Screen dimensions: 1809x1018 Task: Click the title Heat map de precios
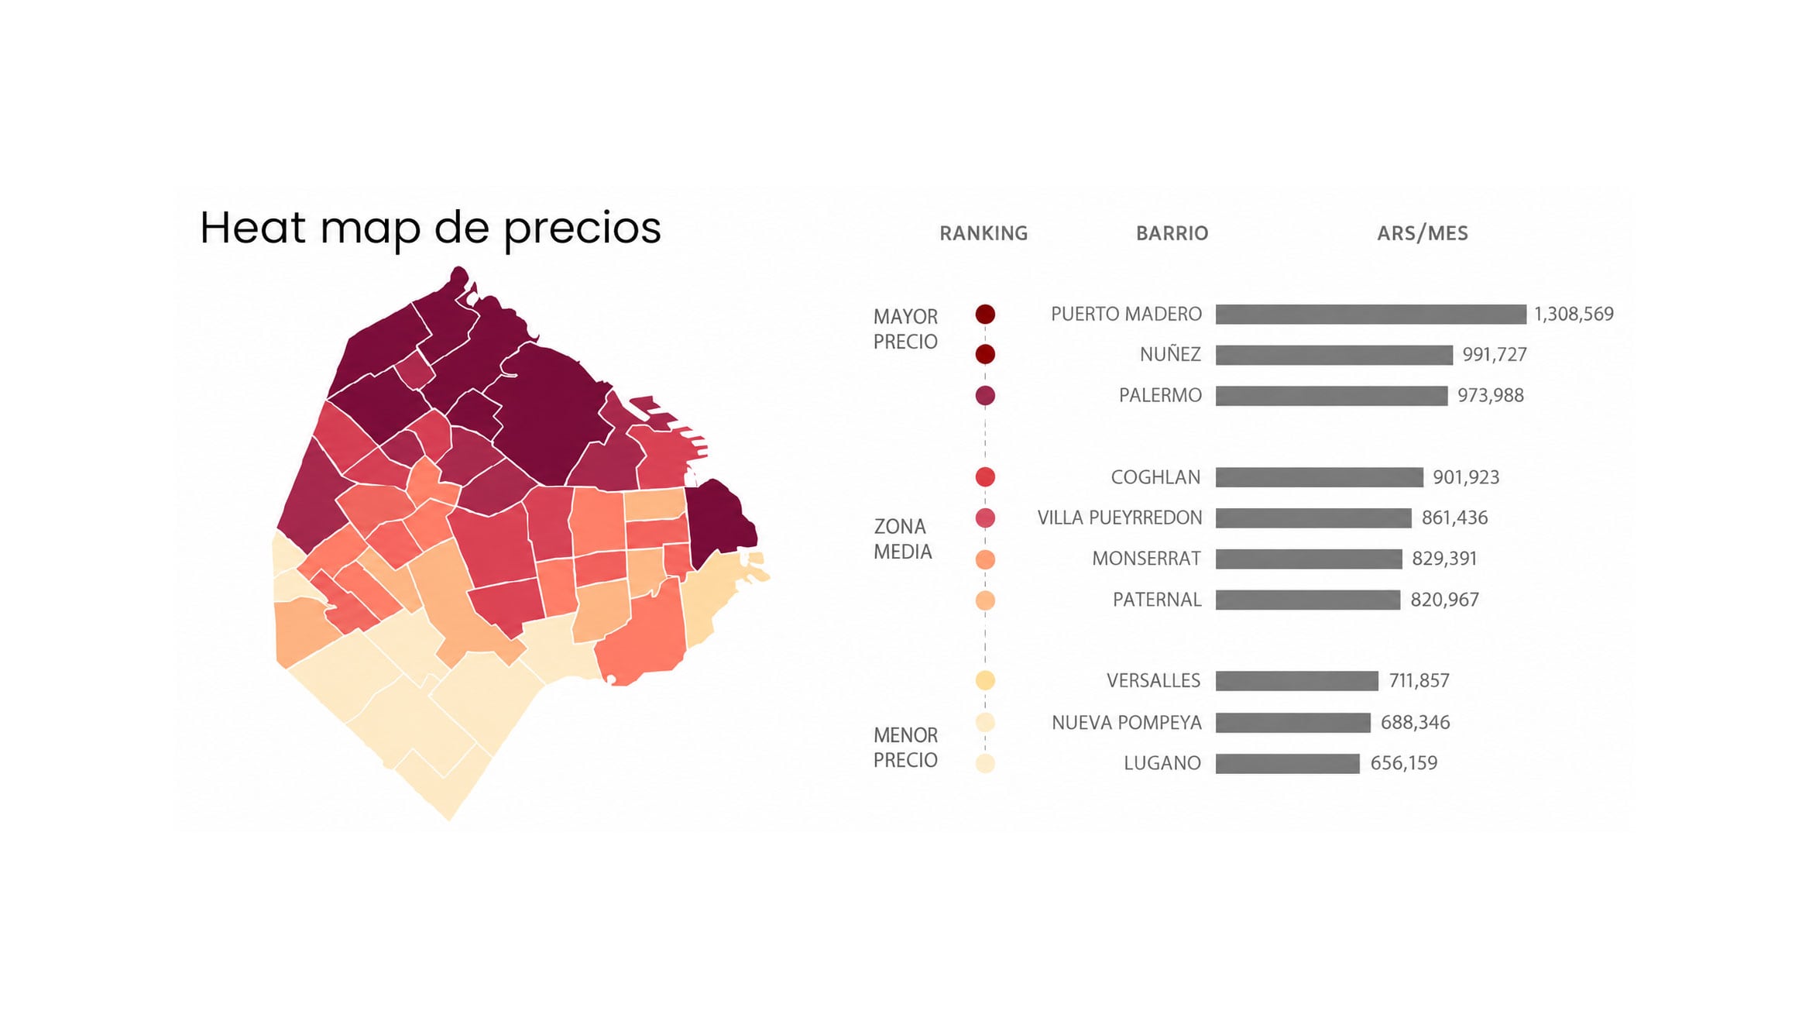tap(431, 228)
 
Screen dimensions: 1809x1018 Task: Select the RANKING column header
tap(983, 233)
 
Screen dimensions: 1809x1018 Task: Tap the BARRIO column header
tap(1172, 233)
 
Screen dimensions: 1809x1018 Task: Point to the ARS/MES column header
tap(1423, 233)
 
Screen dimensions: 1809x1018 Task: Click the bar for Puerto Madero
tap(1371, 314)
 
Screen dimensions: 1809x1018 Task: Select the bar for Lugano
tap(1288, 763)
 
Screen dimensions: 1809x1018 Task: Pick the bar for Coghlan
tap(1320, 477)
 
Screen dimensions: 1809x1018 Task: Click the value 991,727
tap(1495, 355)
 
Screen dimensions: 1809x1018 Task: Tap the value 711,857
tap(1419, 681)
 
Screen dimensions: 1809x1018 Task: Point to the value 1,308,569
tap(1574, 314)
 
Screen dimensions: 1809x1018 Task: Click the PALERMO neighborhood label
tap(1160, 396)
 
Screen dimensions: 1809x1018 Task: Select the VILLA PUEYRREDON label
tap(1120, 518)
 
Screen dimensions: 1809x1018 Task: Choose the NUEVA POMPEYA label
tap(1127, 723)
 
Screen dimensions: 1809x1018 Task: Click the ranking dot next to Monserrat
tap(985, 559)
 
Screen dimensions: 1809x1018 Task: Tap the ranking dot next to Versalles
tap(985, 680)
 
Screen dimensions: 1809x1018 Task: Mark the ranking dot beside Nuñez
tap(985, 354)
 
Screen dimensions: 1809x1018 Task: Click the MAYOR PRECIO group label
tap(905, 329)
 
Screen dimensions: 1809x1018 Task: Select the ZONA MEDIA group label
tap(902, 539)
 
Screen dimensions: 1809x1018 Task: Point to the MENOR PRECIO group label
tap(905, 748)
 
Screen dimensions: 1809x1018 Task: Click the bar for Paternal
tap(1308, 600)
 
